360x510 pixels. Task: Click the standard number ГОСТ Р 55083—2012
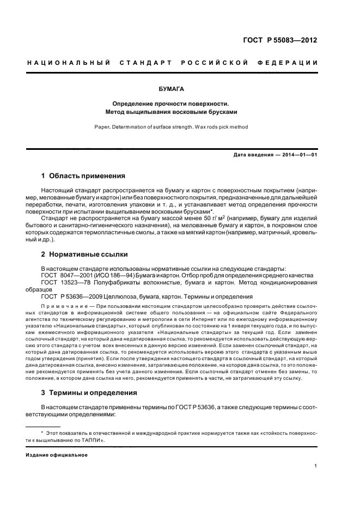click(x=279, y=40)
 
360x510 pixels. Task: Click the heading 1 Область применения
click(x=83, y=176)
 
